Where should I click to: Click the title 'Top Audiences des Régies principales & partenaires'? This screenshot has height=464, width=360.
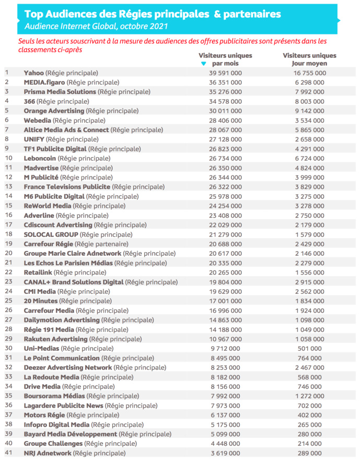coord(152,14)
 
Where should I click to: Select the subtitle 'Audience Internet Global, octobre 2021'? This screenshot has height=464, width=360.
coord(96,26)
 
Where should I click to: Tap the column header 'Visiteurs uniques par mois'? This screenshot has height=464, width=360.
coord(225,59)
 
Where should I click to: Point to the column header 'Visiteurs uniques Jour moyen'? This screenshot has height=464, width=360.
coord(309,59)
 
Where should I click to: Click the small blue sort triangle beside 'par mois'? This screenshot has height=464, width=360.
coord(204,64)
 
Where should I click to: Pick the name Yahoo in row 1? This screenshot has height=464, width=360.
coord(34,73)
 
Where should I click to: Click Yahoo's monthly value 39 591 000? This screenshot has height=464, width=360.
coord(225,73)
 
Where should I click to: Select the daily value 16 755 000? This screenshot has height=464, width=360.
coord(309,73)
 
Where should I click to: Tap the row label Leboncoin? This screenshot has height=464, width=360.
coord(40,158)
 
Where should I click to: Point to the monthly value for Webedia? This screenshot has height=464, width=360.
coord(225,121)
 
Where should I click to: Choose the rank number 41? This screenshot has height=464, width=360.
coord(8,453)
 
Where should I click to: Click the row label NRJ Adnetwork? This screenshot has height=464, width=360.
coord(48,453)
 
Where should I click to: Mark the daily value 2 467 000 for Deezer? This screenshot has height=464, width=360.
coord(309,367)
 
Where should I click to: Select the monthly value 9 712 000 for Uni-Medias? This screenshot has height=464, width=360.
coord(225,348)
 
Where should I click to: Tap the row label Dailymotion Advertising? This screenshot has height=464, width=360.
coord(62,320)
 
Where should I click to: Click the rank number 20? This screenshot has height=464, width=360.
coord(8,253)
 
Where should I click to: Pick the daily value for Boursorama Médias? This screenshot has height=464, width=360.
coord(309,396)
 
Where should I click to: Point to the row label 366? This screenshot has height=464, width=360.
coord(29,101)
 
